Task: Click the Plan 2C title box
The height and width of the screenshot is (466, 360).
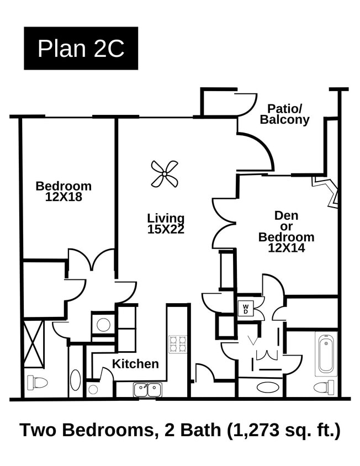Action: pos(81,49)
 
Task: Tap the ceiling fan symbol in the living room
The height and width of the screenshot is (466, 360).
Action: pos(165,174)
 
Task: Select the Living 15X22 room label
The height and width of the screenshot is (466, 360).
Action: pos(166,224)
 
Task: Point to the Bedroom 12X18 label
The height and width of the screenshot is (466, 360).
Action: pos(63,191)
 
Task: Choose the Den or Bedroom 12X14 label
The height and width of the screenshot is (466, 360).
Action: pos(287,231)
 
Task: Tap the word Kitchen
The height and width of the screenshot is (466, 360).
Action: pos(135,364)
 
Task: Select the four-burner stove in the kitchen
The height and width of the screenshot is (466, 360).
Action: pos(177,344)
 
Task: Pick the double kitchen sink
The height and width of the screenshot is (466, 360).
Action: pos(147,390)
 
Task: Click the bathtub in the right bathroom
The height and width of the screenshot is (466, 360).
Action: pos(326,353)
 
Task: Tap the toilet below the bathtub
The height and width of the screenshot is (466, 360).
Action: pos(324,386)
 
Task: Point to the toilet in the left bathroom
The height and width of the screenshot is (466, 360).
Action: pos(38,382)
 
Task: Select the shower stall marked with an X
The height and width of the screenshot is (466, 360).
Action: pos(33,344)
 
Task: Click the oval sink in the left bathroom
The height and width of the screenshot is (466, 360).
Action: pos(75,380)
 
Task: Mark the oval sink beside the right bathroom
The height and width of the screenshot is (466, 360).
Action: pos(268,386)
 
